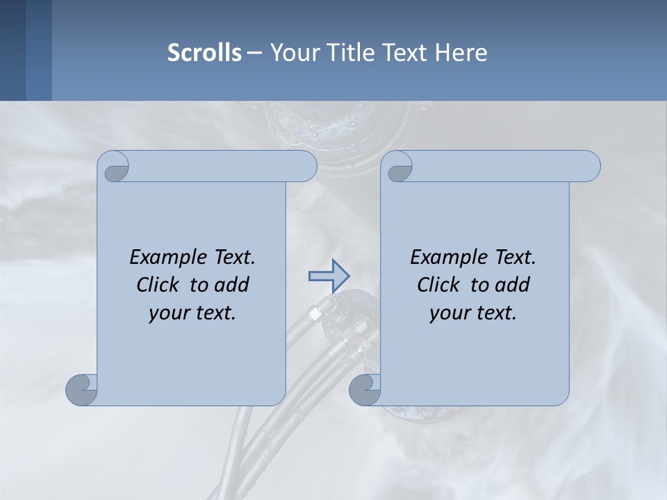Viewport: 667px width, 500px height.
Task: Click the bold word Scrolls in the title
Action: click(204, 53)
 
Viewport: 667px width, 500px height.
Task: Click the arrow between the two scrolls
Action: click(329, 276)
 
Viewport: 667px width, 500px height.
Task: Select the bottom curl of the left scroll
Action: click(82, 390)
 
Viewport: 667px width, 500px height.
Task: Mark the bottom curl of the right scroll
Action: click(365, 390)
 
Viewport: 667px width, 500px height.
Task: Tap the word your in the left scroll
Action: click(167, 314)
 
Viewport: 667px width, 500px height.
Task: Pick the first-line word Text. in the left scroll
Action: click(233, 258)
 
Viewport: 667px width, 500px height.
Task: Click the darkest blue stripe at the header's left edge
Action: click(13, 50)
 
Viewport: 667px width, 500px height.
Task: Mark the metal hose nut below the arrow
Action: click(315, 314)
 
